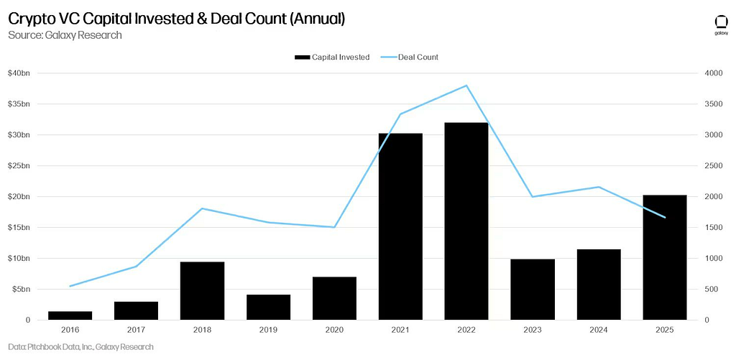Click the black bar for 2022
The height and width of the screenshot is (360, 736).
[466, 221]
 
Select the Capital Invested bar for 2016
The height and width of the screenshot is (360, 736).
[70, 315]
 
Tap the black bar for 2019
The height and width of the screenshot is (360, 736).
[268, 307]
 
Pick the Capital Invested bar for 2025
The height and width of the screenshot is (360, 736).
[665, 257]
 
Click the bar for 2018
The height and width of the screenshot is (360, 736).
[202, 291]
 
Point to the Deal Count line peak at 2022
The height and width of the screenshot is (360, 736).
[466, 86]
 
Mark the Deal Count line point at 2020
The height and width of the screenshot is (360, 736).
[334, 227]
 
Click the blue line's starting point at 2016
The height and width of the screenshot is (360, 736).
[70, 286]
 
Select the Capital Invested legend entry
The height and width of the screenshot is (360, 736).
[332, 57]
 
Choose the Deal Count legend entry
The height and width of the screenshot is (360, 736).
[408, 57]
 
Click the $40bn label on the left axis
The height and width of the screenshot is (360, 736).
[19, 73]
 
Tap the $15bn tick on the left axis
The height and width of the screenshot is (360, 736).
[19, 228]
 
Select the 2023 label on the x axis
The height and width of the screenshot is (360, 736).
[533, 330]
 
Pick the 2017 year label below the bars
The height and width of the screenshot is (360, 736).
[136, 330]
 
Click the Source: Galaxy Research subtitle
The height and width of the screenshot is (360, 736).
[65, 35]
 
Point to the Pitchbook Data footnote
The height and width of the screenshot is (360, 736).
[80, 347]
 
